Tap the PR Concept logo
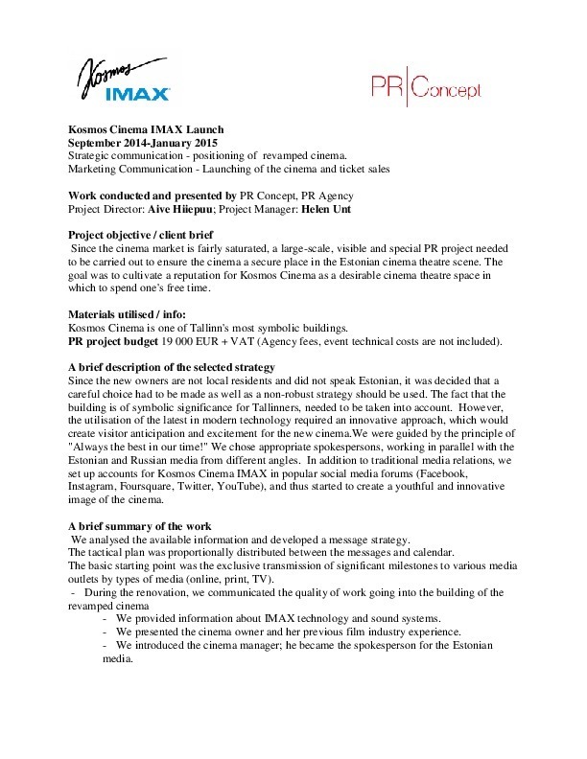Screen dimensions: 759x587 coord(426,89)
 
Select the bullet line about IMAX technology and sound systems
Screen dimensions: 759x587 coord(278,618)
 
